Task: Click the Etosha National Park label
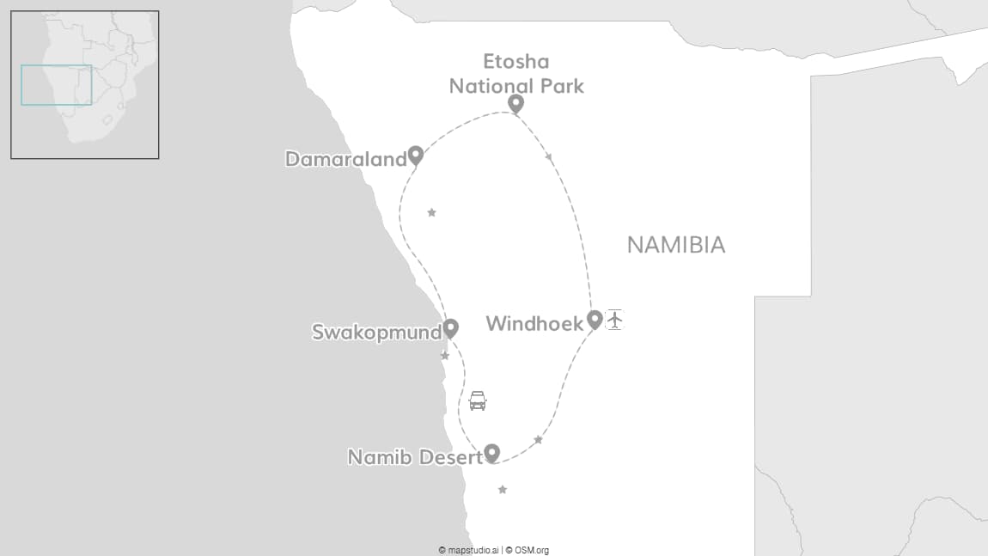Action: click(516, 74)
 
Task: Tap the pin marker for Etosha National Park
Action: click(515, 104)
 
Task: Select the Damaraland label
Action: click(345, 159)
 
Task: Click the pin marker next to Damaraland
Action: click(416, 156)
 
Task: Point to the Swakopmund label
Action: click(376, 333)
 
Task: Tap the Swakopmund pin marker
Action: click(450, 328)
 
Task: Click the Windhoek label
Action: click(534, 324)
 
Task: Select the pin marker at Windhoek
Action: click(595, 320)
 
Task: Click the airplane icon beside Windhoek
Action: click(614, 320)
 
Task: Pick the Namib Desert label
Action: click(414, 457)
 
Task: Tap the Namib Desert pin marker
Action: click(492, 453)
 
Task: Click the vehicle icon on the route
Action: click(478, 400)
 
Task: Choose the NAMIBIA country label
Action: click(676, 245)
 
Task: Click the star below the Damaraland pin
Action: click(431, 212)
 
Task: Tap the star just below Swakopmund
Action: click(445, 356)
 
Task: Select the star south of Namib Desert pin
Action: click(503, 490)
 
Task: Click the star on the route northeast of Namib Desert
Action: click(539, 440)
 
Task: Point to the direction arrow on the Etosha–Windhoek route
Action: click(549, 156)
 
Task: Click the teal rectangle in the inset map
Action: click(56, 85)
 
